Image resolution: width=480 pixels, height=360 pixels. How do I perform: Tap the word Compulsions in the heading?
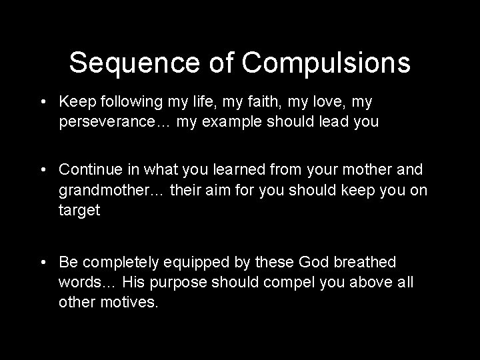(x=326, y=63)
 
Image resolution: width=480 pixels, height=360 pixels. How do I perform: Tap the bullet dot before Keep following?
(x=42, y=102)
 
